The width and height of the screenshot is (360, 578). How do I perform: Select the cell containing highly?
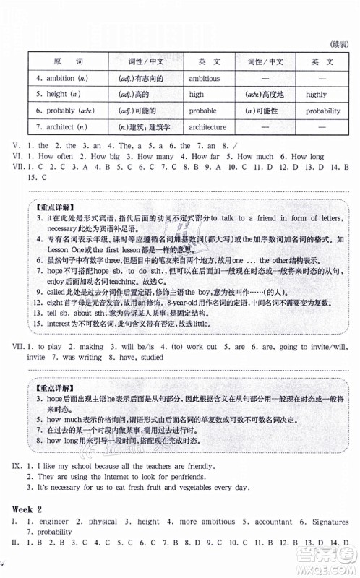(x=315, y=95)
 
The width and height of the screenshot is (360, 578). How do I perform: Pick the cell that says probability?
(x=322, y=111)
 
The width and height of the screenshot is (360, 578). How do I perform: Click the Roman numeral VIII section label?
(x=19, y=346)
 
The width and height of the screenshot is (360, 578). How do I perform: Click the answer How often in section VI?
(x=56, y=155)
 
